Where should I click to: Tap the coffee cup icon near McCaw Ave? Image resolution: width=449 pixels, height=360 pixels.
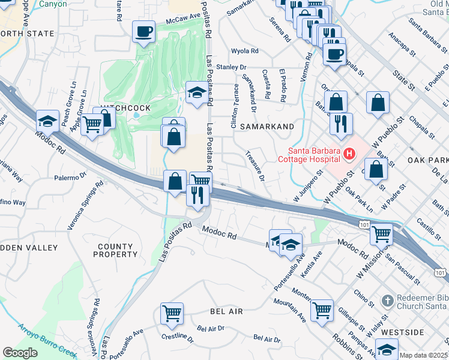pyautogui.click(x=144, y=31)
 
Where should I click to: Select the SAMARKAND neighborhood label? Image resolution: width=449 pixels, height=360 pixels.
pyautogui.click(x=267, y=127)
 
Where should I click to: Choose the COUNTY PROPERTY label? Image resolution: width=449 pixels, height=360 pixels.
pyautogui.click(x=115, y=250)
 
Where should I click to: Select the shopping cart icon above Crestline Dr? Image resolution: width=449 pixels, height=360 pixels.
pyautogui.click(x=172, y=313)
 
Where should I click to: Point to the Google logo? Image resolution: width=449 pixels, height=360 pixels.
pyautogui.click(x=20, y=352)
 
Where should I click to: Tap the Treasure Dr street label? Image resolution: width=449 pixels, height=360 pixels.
pyautogui.click(x=255, y=166)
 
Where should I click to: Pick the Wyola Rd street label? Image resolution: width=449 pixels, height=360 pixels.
pyautogui.click(x=245, y=52)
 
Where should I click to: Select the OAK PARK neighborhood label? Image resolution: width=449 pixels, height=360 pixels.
pyautogui.click(x=427, y=160)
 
